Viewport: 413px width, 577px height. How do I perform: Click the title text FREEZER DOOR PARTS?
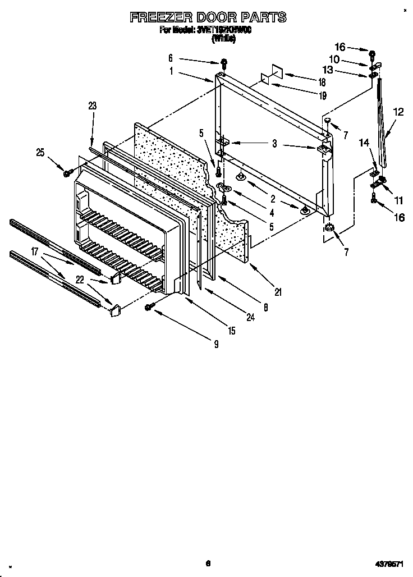(x=208, y=17)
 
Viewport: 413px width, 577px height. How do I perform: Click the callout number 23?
(x=93, y=106)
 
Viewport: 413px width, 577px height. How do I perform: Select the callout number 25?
(x=40, y=153)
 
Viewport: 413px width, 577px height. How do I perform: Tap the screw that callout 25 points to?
(x=67, y=173)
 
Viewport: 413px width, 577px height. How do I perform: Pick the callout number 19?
(x=322, y=96)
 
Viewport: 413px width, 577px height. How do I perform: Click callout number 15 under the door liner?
(x=231, y=331)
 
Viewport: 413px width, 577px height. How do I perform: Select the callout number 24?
(x=250, y=317)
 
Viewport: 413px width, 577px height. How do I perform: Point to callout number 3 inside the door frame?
(x=274, y=144)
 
